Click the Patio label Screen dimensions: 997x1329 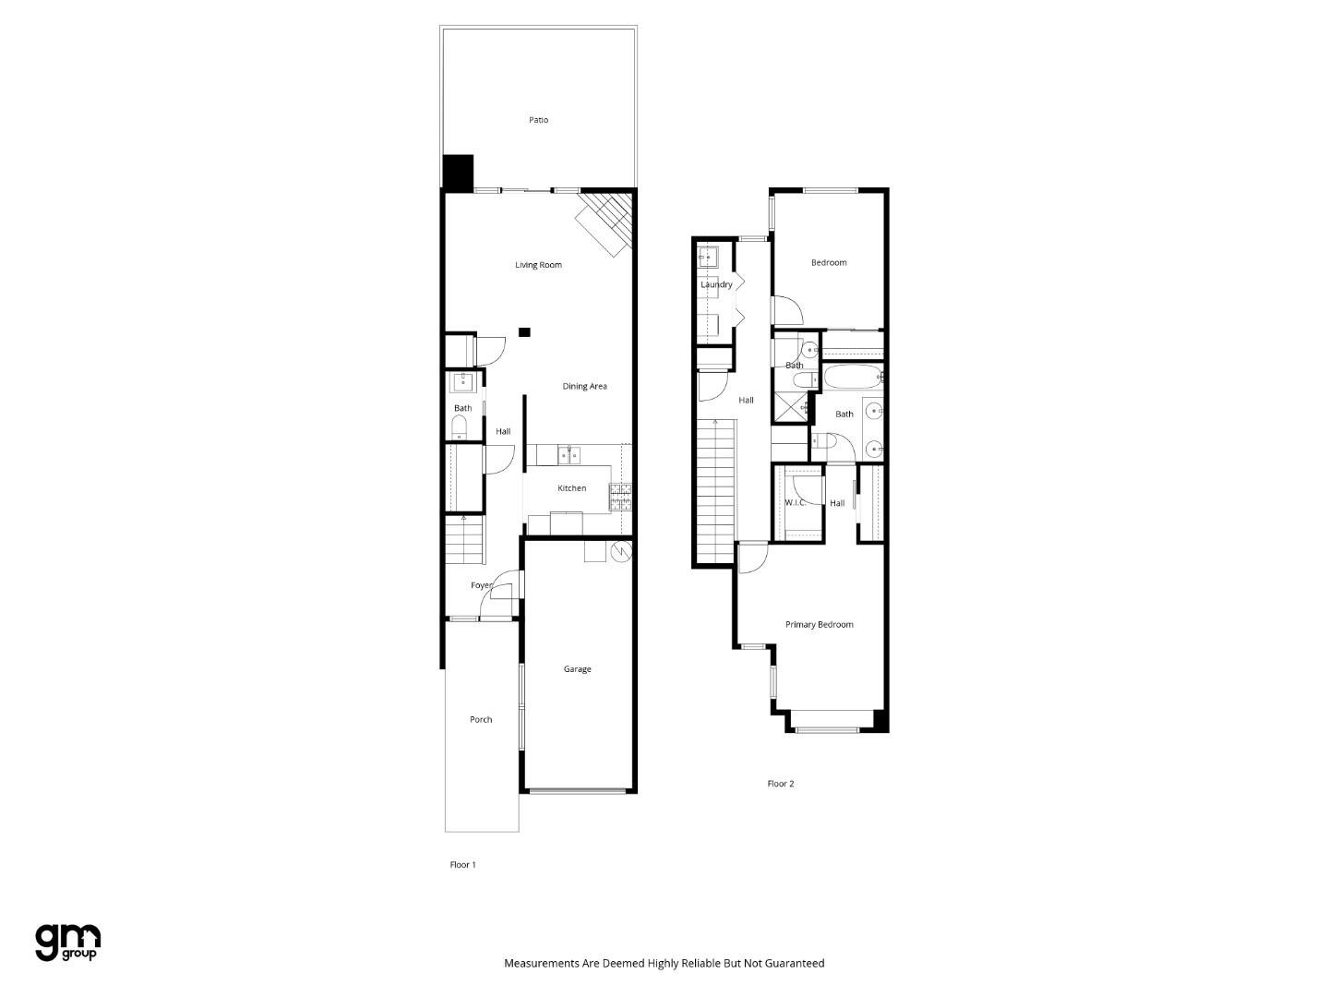coord(538,120)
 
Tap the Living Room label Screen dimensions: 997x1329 coord(538,265)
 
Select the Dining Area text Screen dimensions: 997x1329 coord(584,387)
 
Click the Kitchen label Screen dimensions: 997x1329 coord(571,488)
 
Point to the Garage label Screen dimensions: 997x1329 coord(577,669)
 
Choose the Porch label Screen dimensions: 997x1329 coord(481,720)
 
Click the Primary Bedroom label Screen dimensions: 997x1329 coord(819,625)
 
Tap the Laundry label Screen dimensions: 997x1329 coord(716,284)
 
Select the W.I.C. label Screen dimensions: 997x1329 coord(795,503)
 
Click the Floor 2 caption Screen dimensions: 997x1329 coord(780,784)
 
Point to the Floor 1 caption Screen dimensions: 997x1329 coord(462,865)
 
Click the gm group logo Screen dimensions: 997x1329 coord(67,942)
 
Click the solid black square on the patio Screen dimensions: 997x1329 coord(458,172)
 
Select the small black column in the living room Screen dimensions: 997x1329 coord(524,332)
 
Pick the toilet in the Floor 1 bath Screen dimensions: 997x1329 coord(459,426)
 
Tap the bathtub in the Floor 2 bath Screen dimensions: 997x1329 coord(851,378)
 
